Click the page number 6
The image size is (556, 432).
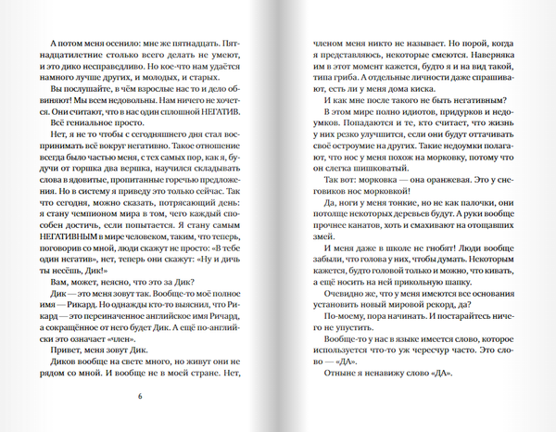[x=139, y=396]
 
